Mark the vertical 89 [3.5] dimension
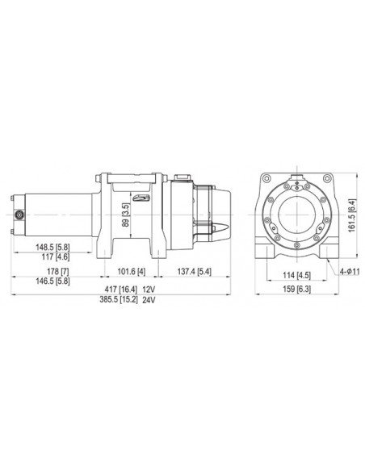(124, 215)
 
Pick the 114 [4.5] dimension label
(298, 272)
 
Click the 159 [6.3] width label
(298, 290)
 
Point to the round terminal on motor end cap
(19, 215)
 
